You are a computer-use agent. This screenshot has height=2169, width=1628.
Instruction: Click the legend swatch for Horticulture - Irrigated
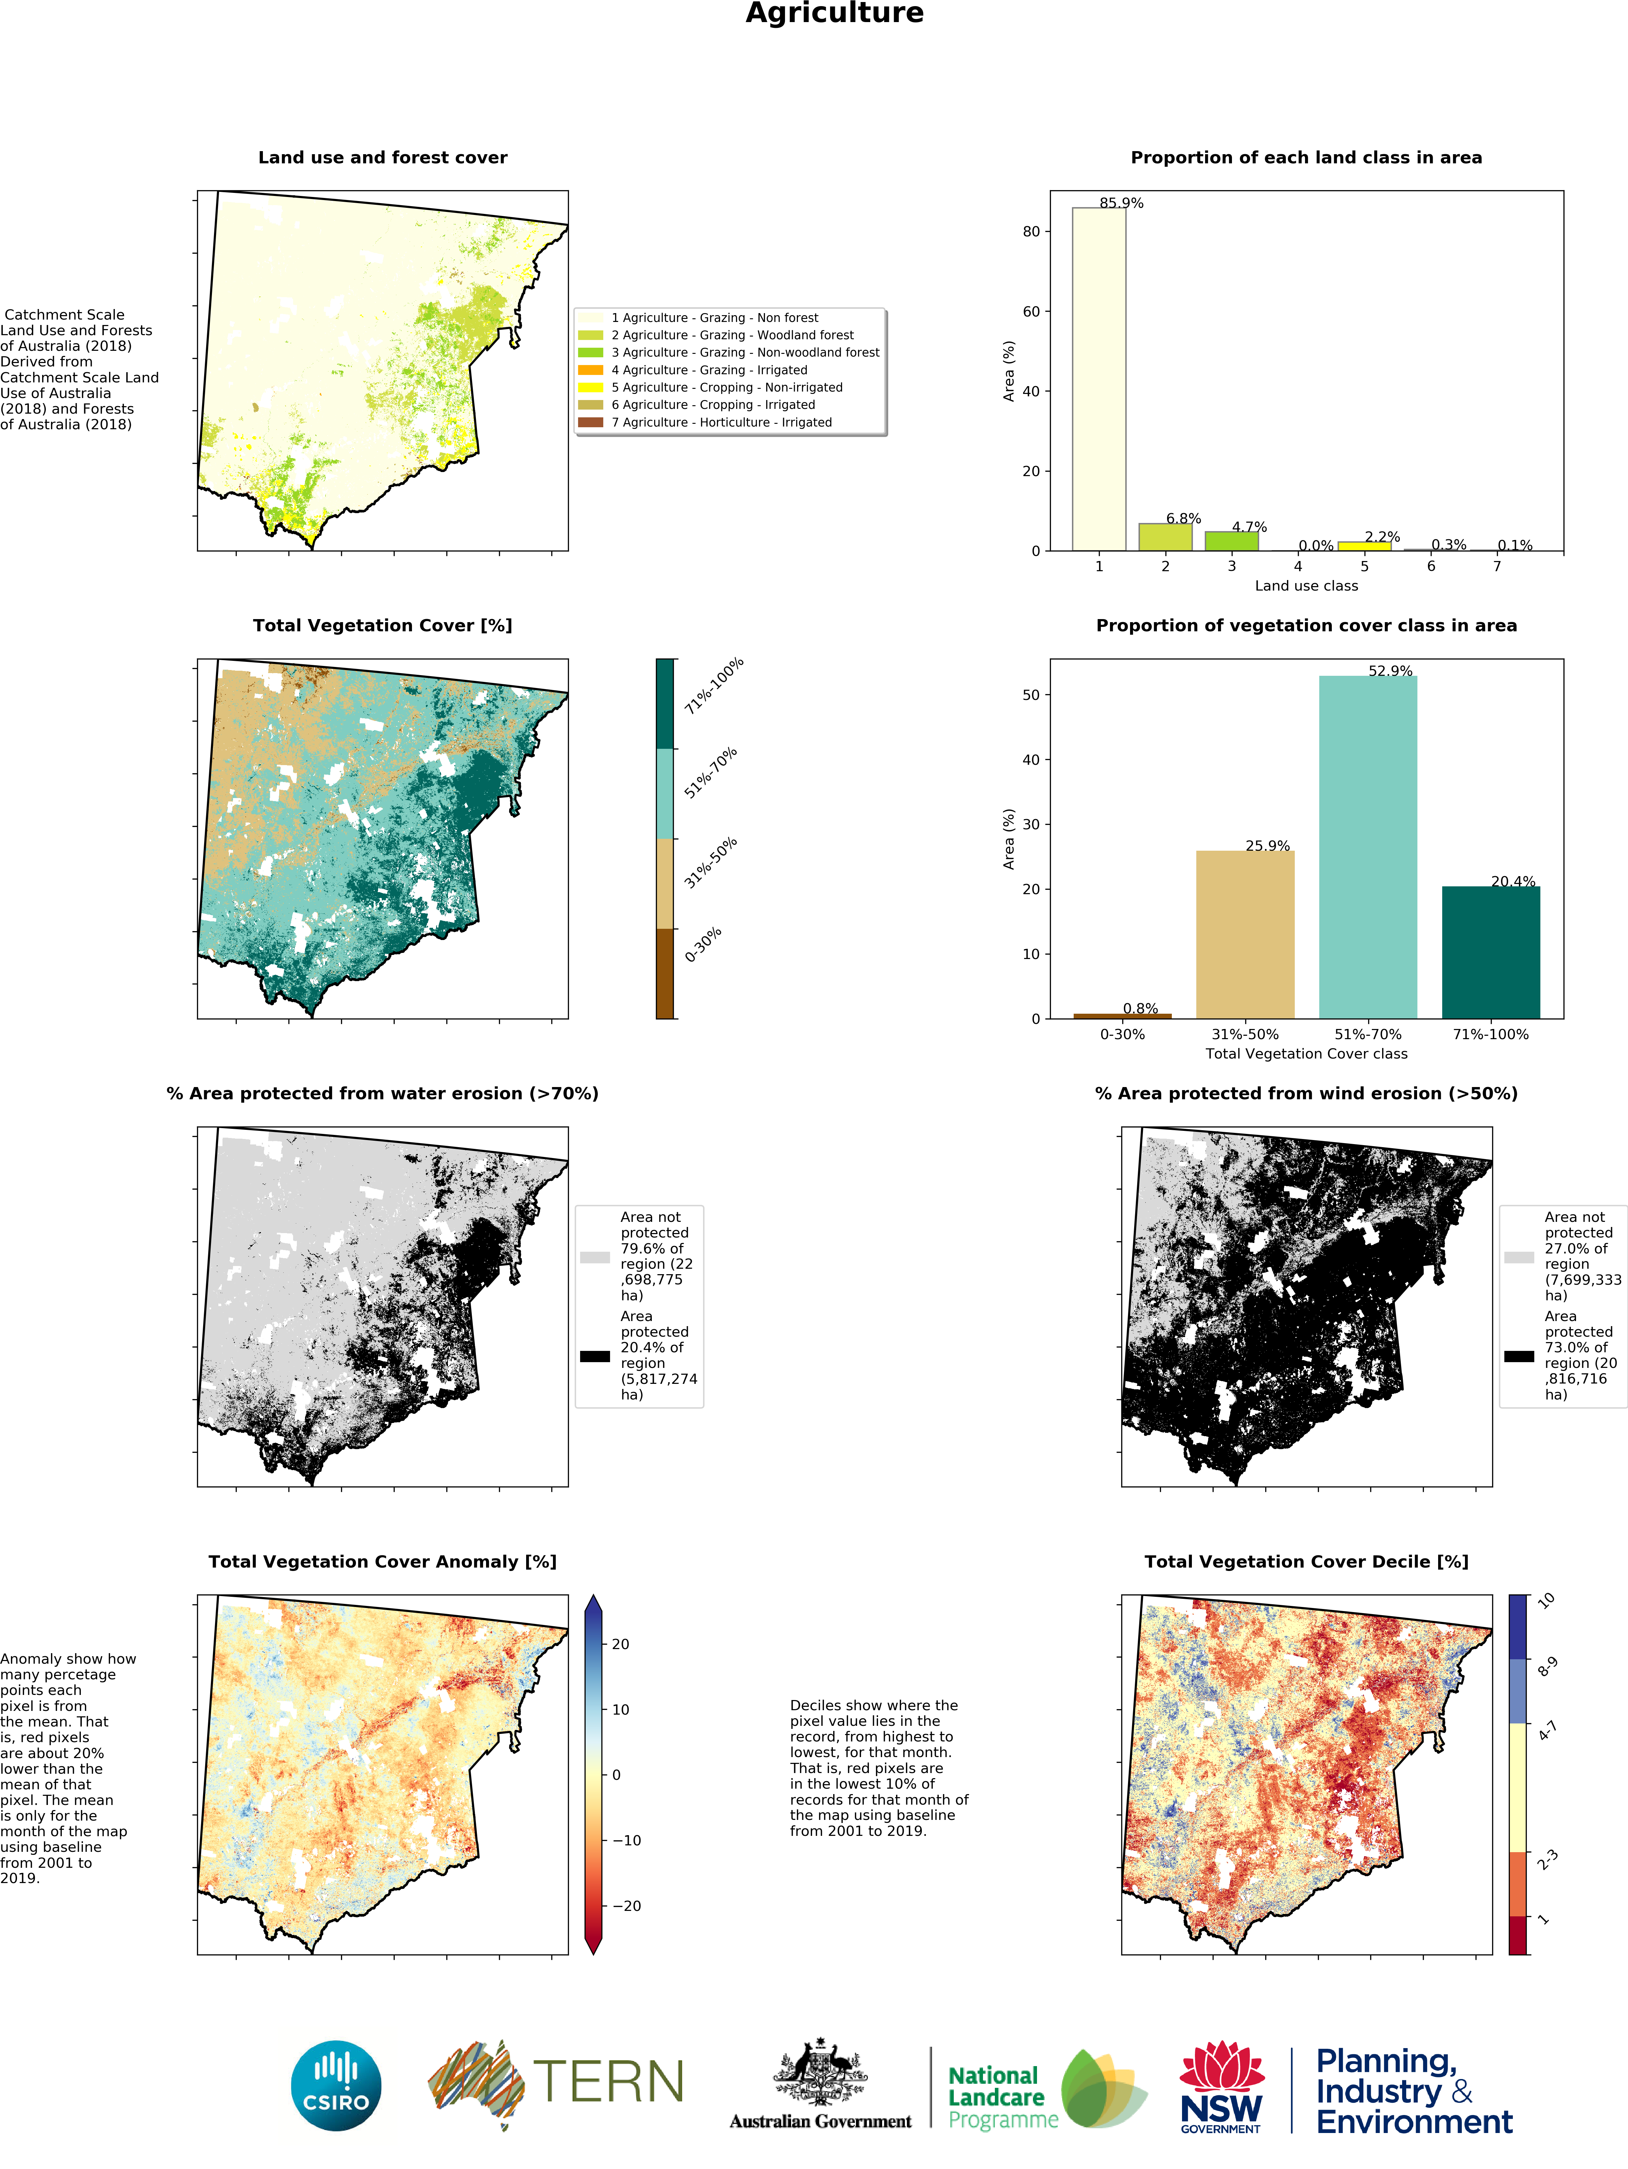[590, 422]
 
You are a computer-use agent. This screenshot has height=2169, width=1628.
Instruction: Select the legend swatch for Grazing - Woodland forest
[590, 336]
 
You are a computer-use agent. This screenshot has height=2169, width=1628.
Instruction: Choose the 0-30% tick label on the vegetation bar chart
[1122, 1033]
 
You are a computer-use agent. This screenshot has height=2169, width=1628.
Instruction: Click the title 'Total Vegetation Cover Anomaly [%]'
[382, 1561]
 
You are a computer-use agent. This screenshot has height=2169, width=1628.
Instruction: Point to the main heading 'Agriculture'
[835, 14]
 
